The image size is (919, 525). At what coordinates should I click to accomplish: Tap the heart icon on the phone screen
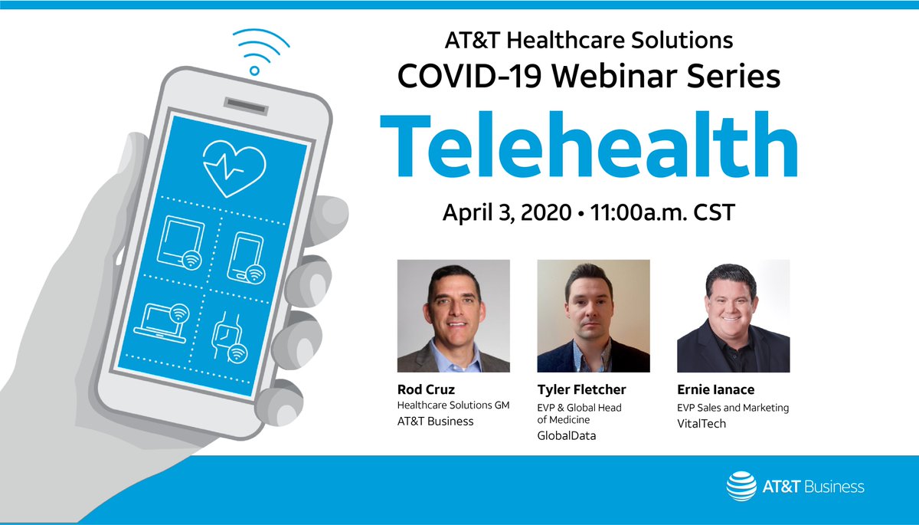pos(234,166)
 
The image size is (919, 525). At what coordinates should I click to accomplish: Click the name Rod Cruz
pos(426,389)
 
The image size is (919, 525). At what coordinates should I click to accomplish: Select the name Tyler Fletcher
pos(581,389)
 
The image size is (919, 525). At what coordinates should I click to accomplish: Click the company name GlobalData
pos(567,436)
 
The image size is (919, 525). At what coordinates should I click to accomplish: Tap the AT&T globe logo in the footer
pos(740,486)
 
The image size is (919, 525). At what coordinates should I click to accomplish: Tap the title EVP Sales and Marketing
pos(733,407)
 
